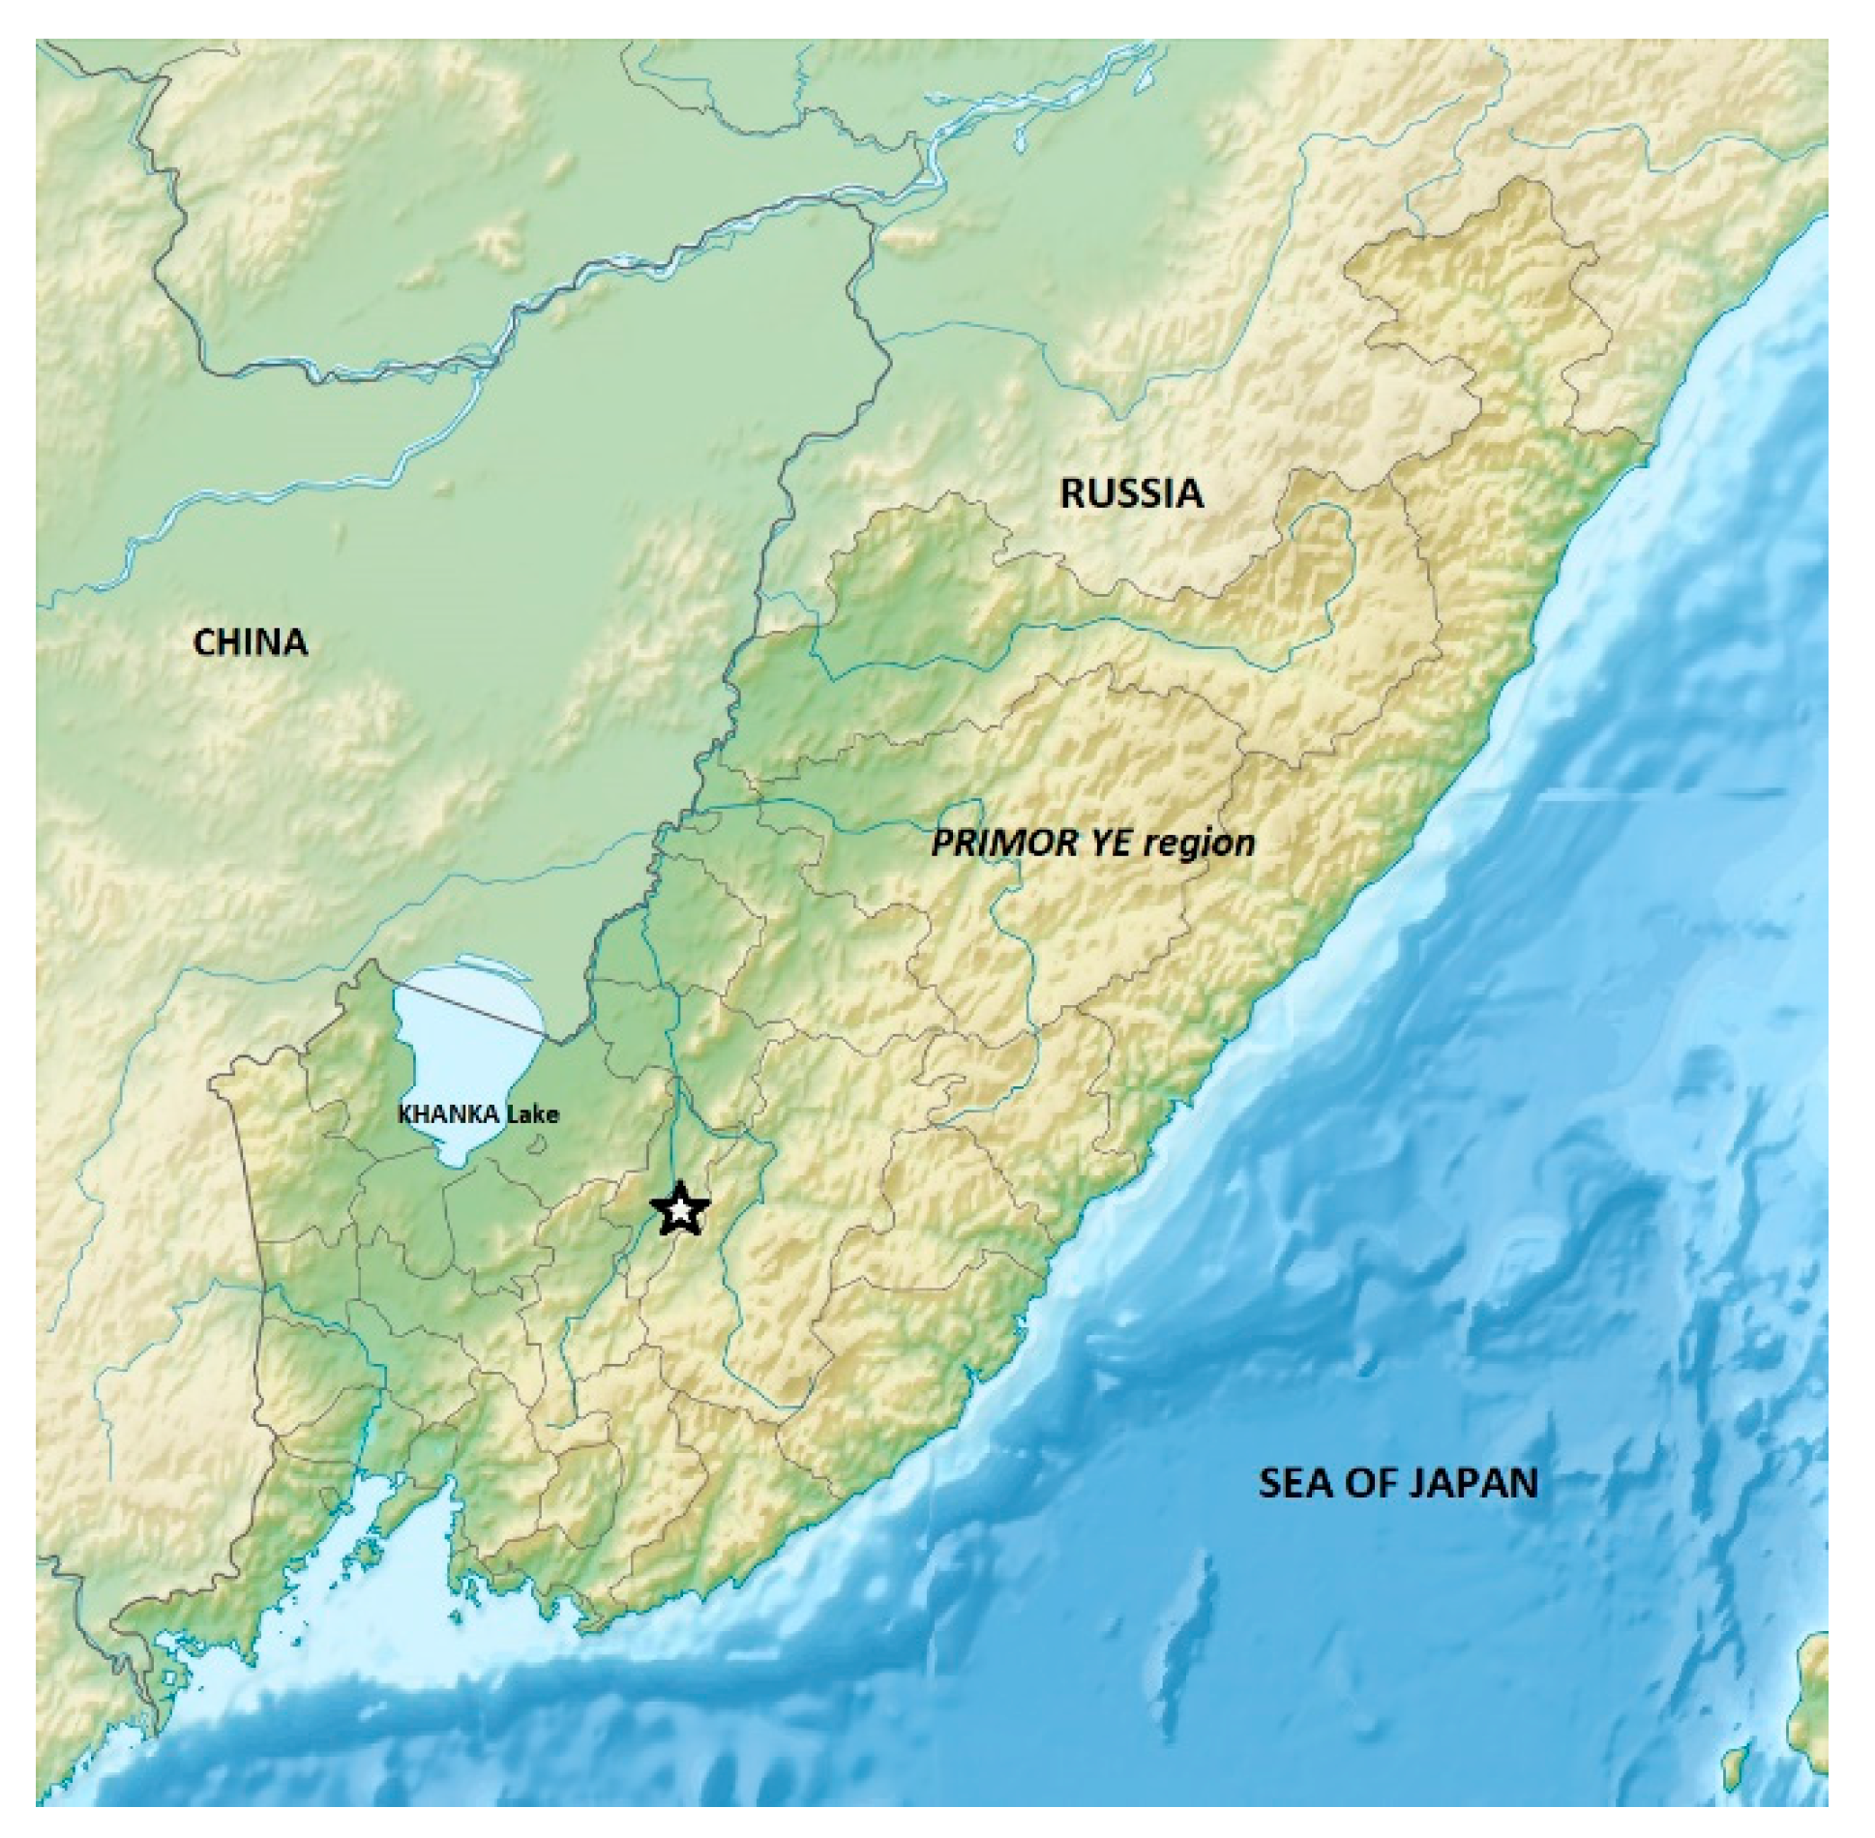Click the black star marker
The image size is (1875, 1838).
681,1208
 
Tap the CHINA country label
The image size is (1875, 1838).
250,642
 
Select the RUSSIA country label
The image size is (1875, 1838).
1131,493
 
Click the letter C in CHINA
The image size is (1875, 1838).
204,642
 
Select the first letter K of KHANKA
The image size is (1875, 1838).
403,1114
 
